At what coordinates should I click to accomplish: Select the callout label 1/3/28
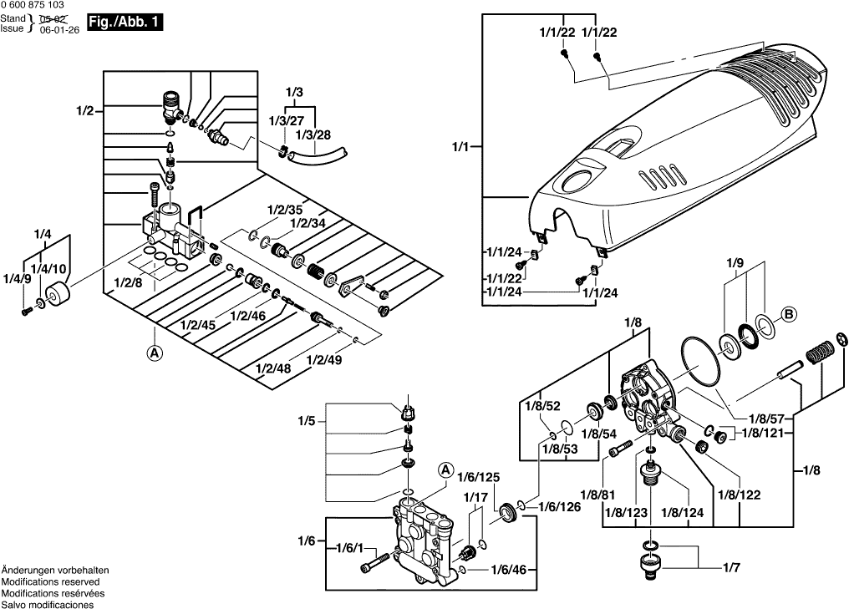coord(314,134)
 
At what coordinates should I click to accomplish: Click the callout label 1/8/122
coord(739,495)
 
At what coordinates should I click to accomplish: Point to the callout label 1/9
coord(735,263)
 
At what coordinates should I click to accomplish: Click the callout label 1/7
coord(730,569)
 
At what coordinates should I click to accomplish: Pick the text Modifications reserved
coord(50,581)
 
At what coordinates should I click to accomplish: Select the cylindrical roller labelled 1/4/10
coord(58,296)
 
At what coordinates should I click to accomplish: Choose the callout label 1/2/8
coord(129,282)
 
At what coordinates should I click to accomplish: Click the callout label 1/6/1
coord(350,548)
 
